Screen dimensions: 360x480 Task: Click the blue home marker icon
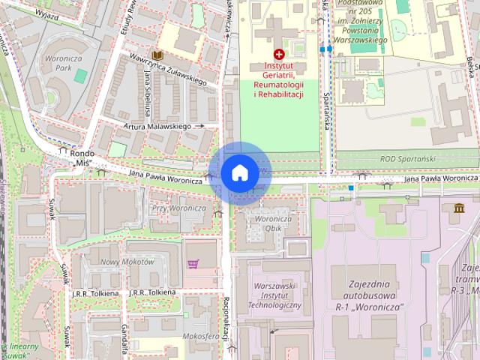tap(239, 172)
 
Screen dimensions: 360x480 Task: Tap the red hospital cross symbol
tap(279, 54)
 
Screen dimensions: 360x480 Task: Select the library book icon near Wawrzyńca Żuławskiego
tap(157, 55)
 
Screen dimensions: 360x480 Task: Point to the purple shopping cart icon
tap(193, 264)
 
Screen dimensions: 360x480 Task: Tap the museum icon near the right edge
tap(458, 208)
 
